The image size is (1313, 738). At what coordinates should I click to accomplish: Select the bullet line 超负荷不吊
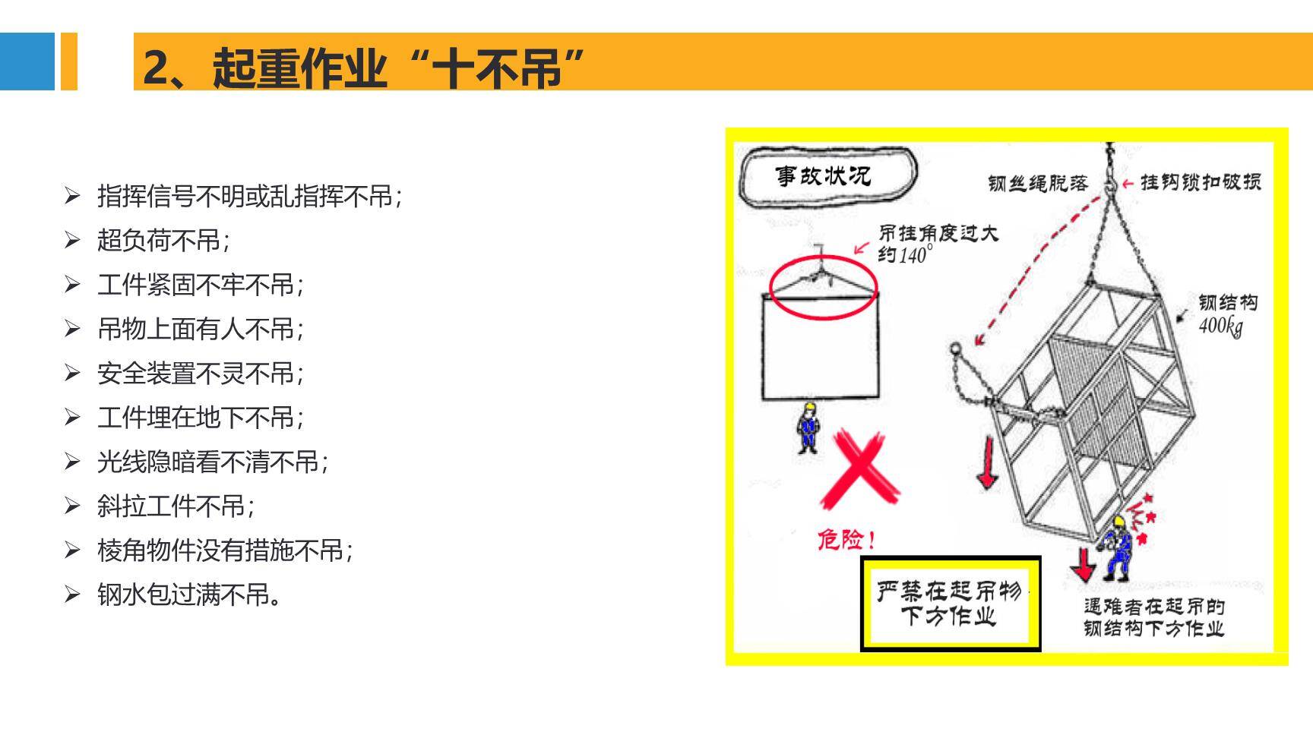pyautogui.click(x=163, y=241)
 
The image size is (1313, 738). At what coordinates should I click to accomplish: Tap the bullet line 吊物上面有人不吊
pyautogui.click(x=200, y=329)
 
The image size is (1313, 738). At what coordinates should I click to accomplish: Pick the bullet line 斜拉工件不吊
pyautogui.click(x=175, y=506)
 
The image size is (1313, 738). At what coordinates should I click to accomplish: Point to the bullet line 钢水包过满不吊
pyautogui.click(x=189, y=594)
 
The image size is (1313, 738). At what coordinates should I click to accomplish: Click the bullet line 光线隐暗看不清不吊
pyautogui.click(x=212, y=462)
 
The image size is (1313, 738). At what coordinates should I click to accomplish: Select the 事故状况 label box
pyautogui.click(x=827, y=176)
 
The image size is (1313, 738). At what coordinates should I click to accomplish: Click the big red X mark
pyautogui.click(x=859, y=470)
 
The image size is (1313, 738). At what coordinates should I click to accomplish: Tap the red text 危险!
pyautogui.click(x=846, y=540)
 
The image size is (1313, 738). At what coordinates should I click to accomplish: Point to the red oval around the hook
pyautogui.click(x=823, y=288)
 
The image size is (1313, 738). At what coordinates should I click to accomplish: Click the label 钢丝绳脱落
pyautogui.click(x=1037, y=183)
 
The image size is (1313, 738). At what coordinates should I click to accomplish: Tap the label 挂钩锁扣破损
pyautogui.click(x=1201, y=181)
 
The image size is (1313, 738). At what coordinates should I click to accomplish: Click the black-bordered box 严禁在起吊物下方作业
pyautogui.click(x=950, y=604)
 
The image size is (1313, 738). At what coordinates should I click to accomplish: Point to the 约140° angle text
pyautogui.click(x=904, y=255)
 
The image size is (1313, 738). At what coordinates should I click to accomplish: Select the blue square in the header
pyautogui.click(x=27, y=61)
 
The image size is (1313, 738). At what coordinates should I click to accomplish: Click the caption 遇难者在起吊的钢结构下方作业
pyautogui.click(x=1153, y=617)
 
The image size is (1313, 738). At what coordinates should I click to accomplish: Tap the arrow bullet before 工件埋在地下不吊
pyautogui.click(x=72, y=417)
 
